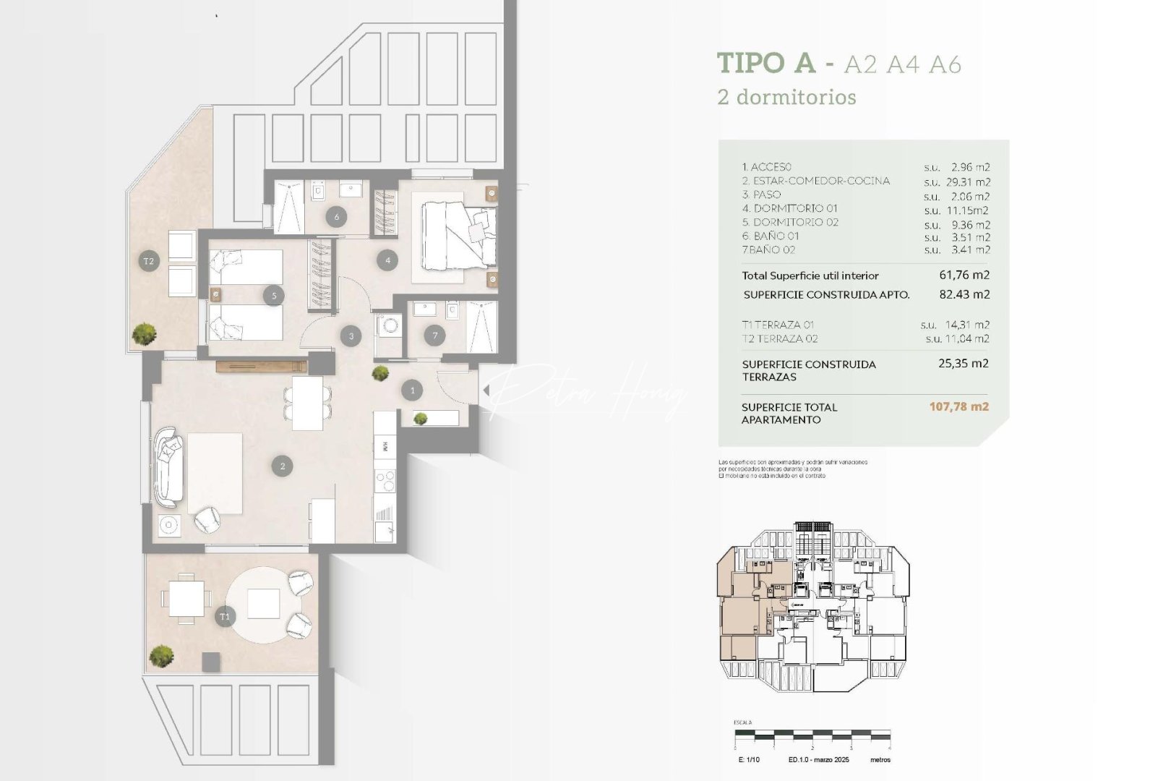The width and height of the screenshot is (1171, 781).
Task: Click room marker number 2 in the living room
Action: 282,466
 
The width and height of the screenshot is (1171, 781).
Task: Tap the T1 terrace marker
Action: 225,617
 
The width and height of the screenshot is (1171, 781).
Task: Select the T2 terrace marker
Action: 148,261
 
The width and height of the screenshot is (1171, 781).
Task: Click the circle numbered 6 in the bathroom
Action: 337,217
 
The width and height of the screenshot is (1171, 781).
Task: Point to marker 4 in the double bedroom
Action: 387,260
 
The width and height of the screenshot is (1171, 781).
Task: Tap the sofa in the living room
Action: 169,466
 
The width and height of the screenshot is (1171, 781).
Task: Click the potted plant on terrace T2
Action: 145,333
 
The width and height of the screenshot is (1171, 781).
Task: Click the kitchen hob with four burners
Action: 385,480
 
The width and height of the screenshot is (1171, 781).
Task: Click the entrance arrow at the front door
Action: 486,390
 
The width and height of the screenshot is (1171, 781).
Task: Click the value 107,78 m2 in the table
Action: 958,406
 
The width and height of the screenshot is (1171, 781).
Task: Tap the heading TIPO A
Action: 765,64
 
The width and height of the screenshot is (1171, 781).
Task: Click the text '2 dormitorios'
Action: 786,97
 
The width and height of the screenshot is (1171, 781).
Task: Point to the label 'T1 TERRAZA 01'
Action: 778,325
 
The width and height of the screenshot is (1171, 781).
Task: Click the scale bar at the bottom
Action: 812,735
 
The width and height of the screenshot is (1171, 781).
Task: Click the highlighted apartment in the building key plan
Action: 742,607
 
